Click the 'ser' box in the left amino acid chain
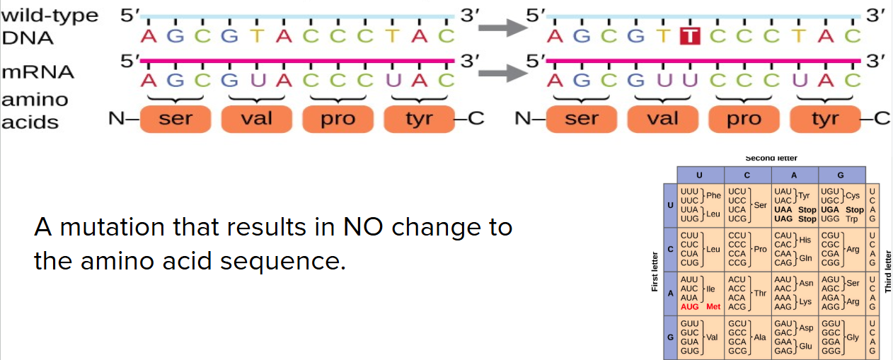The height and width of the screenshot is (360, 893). (x=175, y=118)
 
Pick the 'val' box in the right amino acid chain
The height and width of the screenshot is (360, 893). (x=662, y=118)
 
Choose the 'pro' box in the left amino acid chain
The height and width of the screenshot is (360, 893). (x=338, y=118)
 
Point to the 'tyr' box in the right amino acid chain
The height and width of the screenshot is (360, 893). (x=825, y=118)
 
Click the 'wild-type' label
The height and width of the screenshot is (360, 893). (x=50, y=16)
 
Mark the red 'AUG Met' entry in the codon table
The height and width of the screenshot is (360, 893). (x=700, y=307)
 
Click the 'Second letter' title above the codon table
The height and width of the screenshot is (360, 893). (x=771, y=158)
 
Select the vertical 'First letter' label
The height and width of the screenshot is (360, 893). (x=655, y=272)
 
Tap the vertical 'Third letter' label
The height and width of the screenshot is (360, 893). (x=887, y=272)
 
